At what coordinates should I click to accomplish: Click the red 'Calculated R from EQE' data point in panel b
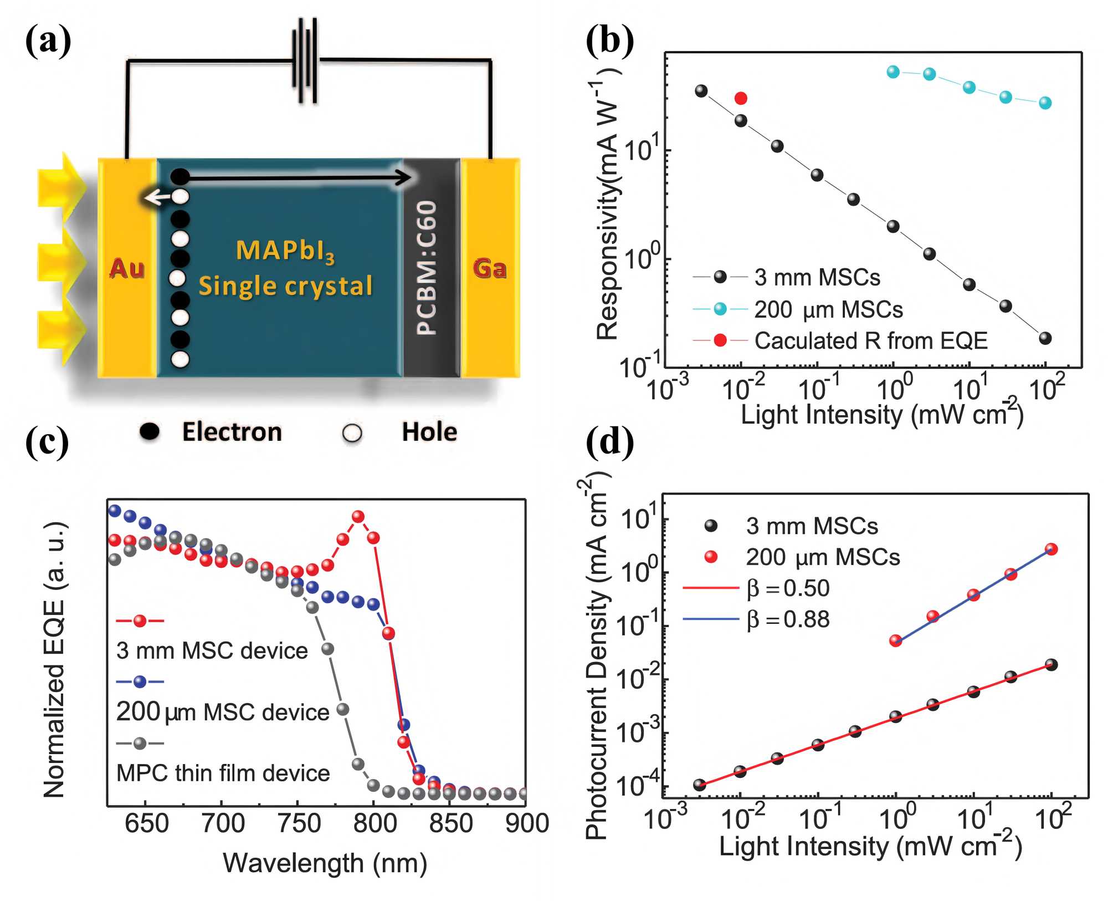click(741, 99)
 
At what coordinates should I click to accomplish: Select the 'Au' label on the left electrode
click(127, 269)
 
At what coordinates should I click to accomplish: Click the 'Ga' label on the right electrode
click(490, 269)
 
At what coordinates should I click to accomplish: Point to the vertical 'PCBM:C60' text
click(427, 268)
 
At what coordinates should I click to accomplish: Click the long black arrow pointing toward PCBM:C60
click(299, 177)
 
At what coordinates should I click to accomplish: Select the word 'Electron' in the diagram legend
click(232, 432)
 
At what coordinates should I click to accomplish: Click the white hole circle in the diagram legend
click(352, 433)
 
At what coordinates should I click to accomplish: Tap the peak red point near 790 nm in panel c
click(358, 517)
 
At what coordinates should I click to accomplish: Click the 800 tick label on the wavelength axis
click(375, 823)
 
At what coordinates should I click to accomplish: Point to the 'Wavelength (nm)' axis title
click(325, 863)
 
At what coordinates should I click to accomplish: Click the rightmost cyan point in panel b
click(1045, 103)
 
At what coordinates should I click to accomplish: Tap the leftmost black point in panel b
click(701, 91)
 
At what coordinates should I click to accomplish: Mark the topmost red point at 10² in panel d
click(1051, 549)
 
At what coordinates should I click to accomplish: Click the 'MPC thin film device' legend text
click(223, 773)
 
